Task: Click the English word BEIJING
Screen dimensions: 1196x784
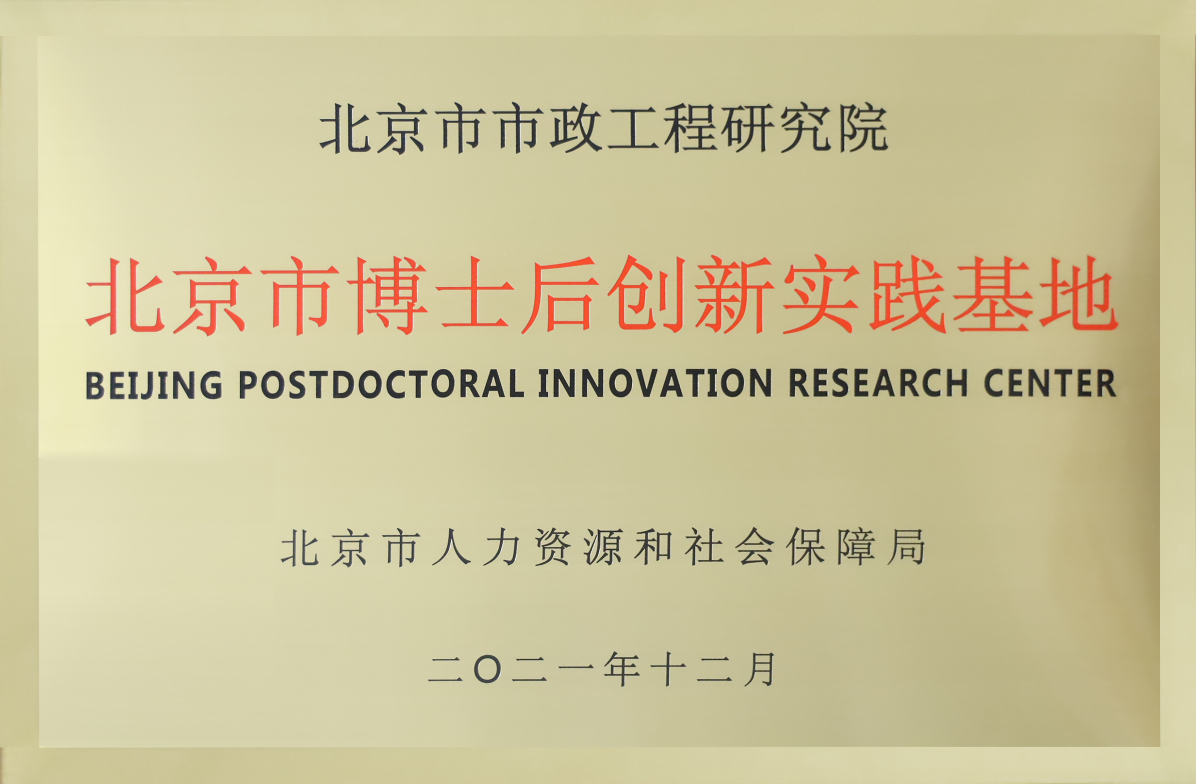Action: [154, 385]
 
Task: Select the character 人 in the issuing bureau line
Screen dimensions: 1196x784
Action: [451, 547]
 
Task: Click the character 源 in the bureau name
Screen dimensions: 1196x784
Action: [603, 547]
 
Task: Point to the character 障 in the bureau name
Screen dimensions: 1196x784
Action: [856, 547]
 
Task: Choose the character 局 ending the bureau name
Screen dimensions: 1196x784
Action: [906, 547]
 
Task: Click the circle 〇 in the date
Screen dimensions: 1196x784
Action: [488, 670]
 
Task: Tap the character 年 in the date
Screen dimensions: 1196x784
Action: [622, 670]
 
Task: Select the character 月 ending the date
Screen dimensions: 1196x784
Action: [759, 670]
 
